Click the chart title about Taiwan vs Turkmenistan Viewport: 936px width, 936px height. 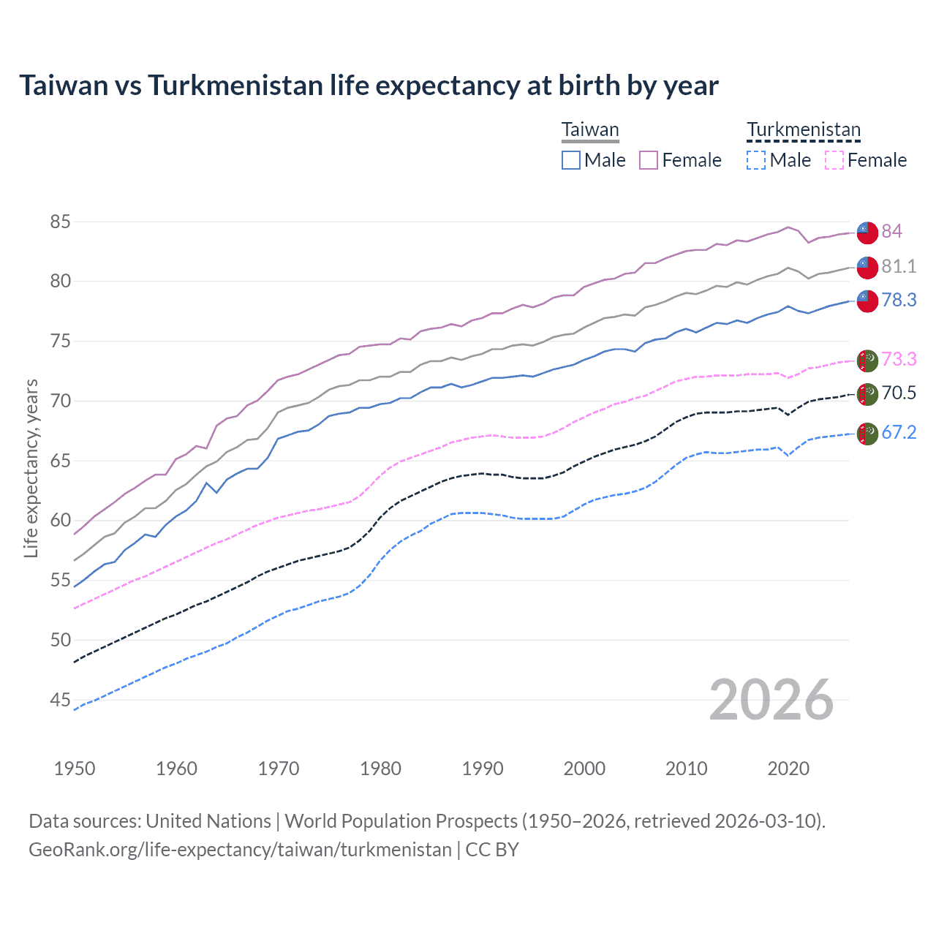[369, 86]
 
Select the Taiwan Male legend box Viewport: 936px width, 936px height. [571, 160]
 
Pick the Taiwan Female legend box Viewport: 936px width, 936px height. [649, 160]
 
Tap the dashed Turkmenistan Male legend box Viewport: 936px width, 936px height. [756, 160]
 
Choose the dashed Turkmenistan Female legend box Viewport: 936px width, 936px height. [834, 160]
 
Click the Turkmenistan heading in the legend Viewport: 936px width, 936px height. [804, 130]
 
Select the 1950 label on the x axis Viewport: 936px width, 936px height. [75, 769]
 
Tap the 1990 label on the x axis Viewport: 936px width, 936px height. [483, 769]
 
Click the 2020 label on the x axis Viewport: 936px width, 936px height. [788, 769]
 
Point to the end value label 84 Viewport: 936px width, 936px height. [891, 232]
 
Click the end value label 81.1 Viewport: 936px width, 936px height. [899, 267]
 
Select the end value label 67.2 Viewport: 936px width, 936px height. [899, 433]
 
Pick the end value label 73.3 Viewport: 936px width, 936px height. [899, 360]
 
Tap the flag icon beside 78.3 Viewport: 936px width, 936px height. [867, 301]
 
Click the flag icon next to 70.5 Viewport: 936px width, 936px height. [867, 394]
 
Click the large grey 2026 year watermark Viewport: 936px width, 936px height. [771, 700]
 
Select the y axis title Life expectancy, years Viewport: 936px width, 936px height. [31, 468]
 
